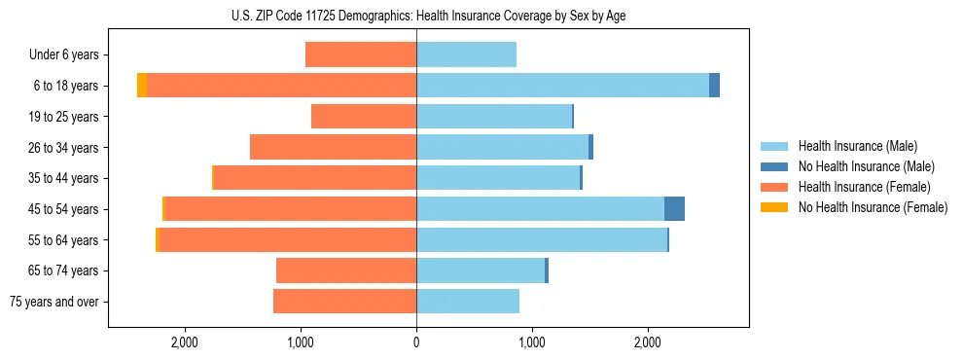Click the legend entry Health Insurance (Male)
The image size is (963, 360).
pyautogui.click(x=857, y=146)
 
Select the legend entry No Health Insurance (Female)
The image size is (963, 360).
pyautogui.click(x=873, y=207)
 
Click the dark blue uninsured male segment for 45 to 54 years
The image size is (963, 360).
pyautogui.click(x=674, y=209)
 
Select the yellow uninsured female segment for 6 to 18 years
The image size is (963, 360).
pyautogui.click(x=142, y=86)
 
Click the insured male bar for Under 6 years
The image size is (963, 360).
pyautogui.click(x=466, y=55)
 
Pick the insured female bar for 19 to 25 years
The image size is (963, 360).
pyautogui.click(x=364, y=117)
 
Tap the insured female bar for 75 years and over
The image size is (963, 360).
pyautogui.click(x=344, y=302)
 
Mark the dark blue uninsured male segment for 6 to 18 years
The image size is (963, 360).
pyautogui.click(x=714, y=86)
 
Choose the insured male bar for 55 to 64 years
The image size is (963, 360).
pyautogui.click(x=542, y=240)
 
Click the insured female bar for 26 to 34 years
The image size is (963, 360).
pyautogui.click(x=333, y=148)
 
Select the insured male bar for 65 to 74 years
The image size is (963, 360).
pyautogui.click(x=481, y=270)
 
